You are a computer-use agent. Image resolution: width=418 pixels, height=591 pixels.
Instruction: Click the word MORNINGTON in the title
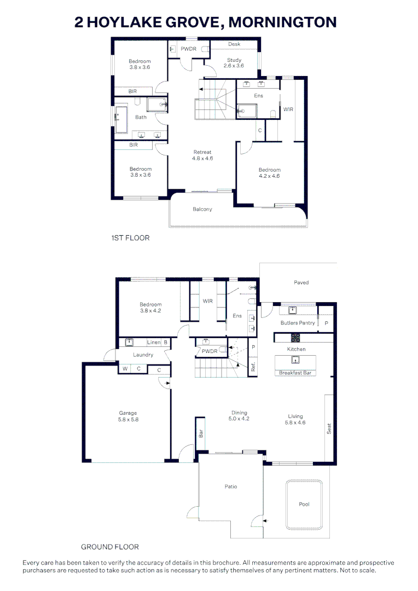point(283,22)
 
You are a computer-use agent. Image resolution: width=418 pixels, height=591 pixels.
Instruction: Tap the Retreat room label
point(202,152)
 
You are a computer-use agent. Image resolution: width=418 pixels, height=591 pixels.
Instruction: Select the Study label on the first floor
point(234,60)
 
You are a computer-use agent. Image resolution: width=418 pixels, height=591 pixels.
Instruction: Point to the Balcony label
point(202,209)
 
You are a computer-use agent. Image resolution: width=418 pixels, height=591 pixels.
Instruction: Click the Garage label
point(128,413)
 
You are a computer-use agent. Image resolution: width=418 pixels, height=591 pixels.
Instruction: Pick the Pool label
point(304,505)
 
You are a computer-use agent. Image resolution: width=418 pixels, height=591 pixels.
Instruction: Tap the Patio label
point(231,486)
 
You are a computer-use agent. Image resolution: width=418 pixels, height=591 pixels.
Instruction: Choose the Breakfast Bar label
point(295,373)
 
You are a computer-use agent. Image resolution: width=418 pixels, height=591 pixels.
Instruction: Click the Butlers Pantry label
point(298,323)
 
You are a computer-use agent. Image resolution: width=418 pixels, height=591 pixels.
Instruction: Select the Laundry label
point(143,355)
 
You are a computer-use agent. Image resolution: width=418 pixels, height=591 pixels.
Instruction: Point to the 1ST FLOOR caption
point(130,238)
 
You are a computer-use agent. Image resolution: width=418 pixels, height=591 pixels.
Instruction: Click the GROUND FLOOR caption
point(110,547)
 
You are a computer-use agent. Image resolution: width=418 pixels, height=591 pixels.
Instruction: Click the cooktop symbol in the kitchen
point(295,337)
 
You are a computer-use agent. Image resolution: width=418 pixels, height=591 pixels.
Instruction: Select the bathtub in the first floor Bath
point(121,119)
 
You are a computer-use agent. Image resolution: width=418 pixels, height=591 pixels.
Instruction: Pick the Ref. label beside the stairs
point(253,366)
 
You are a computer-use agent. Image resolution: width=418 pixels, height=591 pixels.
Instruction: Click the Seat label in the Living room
point(329,429)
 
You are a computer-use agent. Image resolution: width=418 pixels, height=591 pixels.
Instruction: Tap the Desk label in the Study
point(234,44)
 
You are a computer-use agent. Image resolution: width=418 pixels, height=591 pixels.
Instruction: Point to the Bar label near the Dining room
point(201,433)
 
